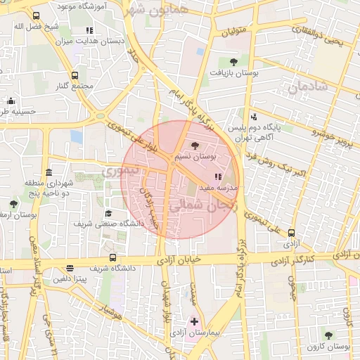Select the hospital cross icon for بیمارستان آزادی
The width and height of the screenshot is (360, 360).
point(195,321)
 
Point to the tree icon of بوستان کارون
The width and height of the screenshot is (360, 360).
point(328,335)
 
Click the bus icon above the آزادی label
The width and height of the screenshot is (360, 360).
point(291,233)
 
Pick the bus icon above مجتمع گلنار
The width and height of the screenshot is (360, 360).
point(75,75)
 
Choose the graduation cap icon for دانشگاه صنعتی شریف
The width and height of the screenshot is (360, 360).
point(108,213)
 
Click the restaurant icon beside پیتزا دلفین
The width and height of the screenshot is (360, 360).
point(70,268)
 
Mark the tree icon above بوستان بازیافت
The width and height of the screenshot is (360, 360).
point(233,61)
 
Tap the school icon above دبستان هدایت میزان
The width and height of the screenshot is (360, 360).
point(89,30)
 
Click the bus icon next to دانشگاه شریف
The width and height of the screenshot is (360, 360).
point(113,257)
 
